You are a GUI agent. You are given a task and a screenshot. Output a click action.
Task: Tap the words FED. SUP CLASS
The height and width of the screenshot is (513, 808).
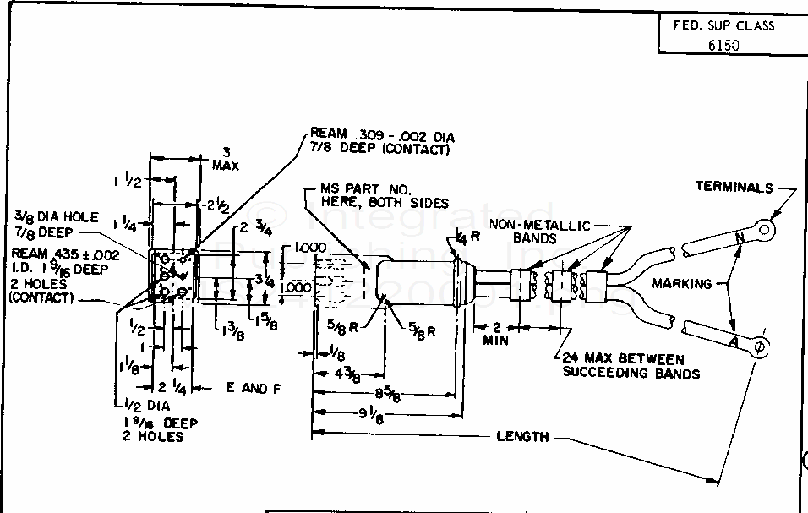coord(723,25)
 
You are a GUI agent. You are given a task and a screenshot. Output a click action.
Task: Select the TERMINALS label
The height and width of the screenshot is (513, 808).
coord(733,187)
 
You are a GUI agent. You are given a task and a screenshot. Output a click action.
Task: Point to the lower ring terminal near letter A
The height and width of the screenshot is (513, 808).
coord(759,345)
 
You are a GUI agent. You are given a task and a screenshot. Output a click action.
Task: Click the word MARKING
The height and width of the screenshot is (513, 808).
coord(684,283)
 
